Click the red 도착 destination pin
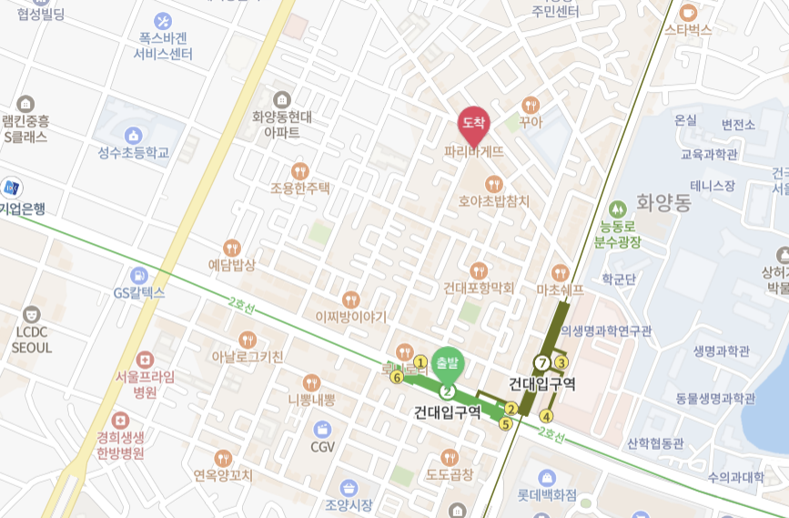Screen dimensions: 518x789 pyautogui.click(x=472, y=123)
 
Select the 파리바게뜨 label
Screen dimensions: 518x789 pyautogui.click(x=473, y=152)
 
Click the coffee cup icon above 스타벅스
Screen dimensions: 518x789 pyautogui.click(x=687, y=12)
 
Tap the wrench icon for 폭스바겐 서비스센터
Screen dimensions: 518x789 pyautogui.click(x=165, y=20)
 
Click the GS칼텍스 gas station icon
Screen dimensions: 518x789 pyautogui.click(x=138, y=275)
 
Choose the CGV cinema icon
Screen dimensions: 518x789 pyautogui.click(x=323, y=429)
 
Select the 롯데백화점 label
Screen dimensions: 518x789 pyautogui.click(x=547, y=496)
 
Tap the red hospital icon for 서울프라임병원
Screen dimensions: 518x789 pyautogui.click(x=145, y=360)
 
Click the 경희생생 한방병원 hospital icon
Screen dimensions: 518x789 pyautogui.click(x=119, y=421)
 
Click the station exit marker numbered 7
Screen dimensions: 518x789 pyautogui.click(x=543, y=362)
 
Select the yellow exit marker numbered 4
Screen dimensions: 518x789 pyautogui.click(x=546, y=417)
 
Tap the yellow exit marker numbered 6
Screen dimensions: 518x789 pyautogui.click(x=396, y=377)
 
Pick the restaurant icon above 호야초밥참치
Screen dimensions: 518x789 pyautogui.click(x=494, y=184)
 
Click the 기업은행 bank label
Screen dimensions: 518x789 pyautogui.click(x=22, y=208)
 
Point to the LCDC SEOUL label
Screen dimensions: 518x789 pyautogui.click(x=33, y=340)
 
